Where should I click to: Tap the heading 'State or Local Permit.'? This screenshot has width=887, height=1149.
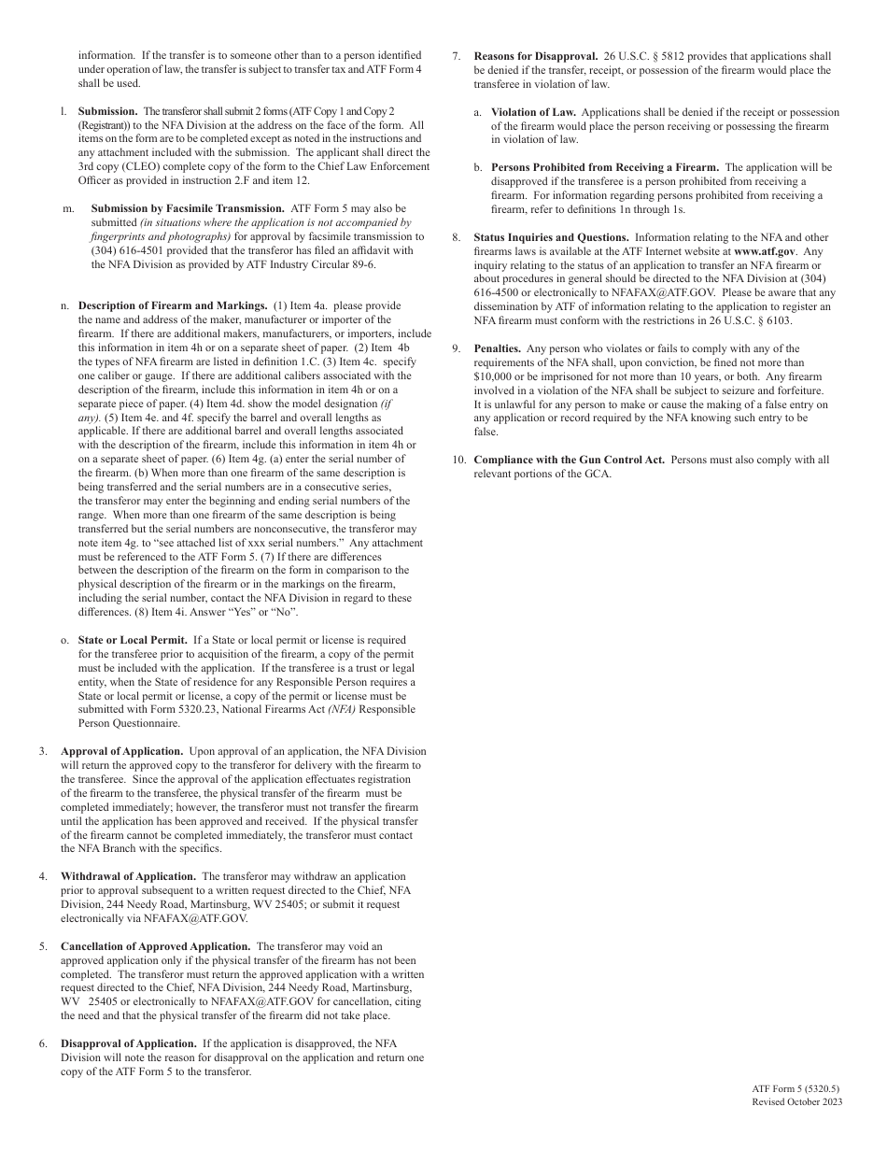point(133,640)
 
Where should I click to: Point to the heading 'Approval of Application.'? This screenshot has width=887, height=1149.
point(122,751)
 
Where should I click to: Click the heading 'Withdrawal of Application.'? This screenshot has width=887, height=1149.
point(128,876)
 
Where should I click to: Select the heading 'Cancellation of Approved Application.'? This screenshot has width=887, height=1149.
point(156,946)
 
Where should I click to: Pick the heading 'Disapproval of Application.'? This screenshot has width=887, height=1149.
point(129,1043)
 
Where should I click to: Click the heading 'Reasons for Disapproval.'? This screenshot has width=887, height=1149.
point(536,56)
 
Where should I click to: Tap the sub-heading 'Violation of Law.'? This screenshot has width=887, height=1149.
point(533,112)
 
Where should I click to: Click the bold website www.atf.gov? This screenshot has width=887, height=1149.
point(764,251)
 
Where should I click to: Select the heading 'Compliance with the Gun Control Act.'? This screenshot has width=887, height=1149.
point(569,460)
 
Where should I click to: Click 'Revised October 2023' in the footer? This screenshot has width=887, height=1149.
point(796,1102)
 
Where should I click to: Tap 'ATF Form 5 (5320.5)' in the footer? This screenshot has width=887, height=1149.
point(795,1089)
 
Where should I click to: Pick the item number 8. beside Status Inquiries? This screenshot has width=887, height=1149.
point(457,237)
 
